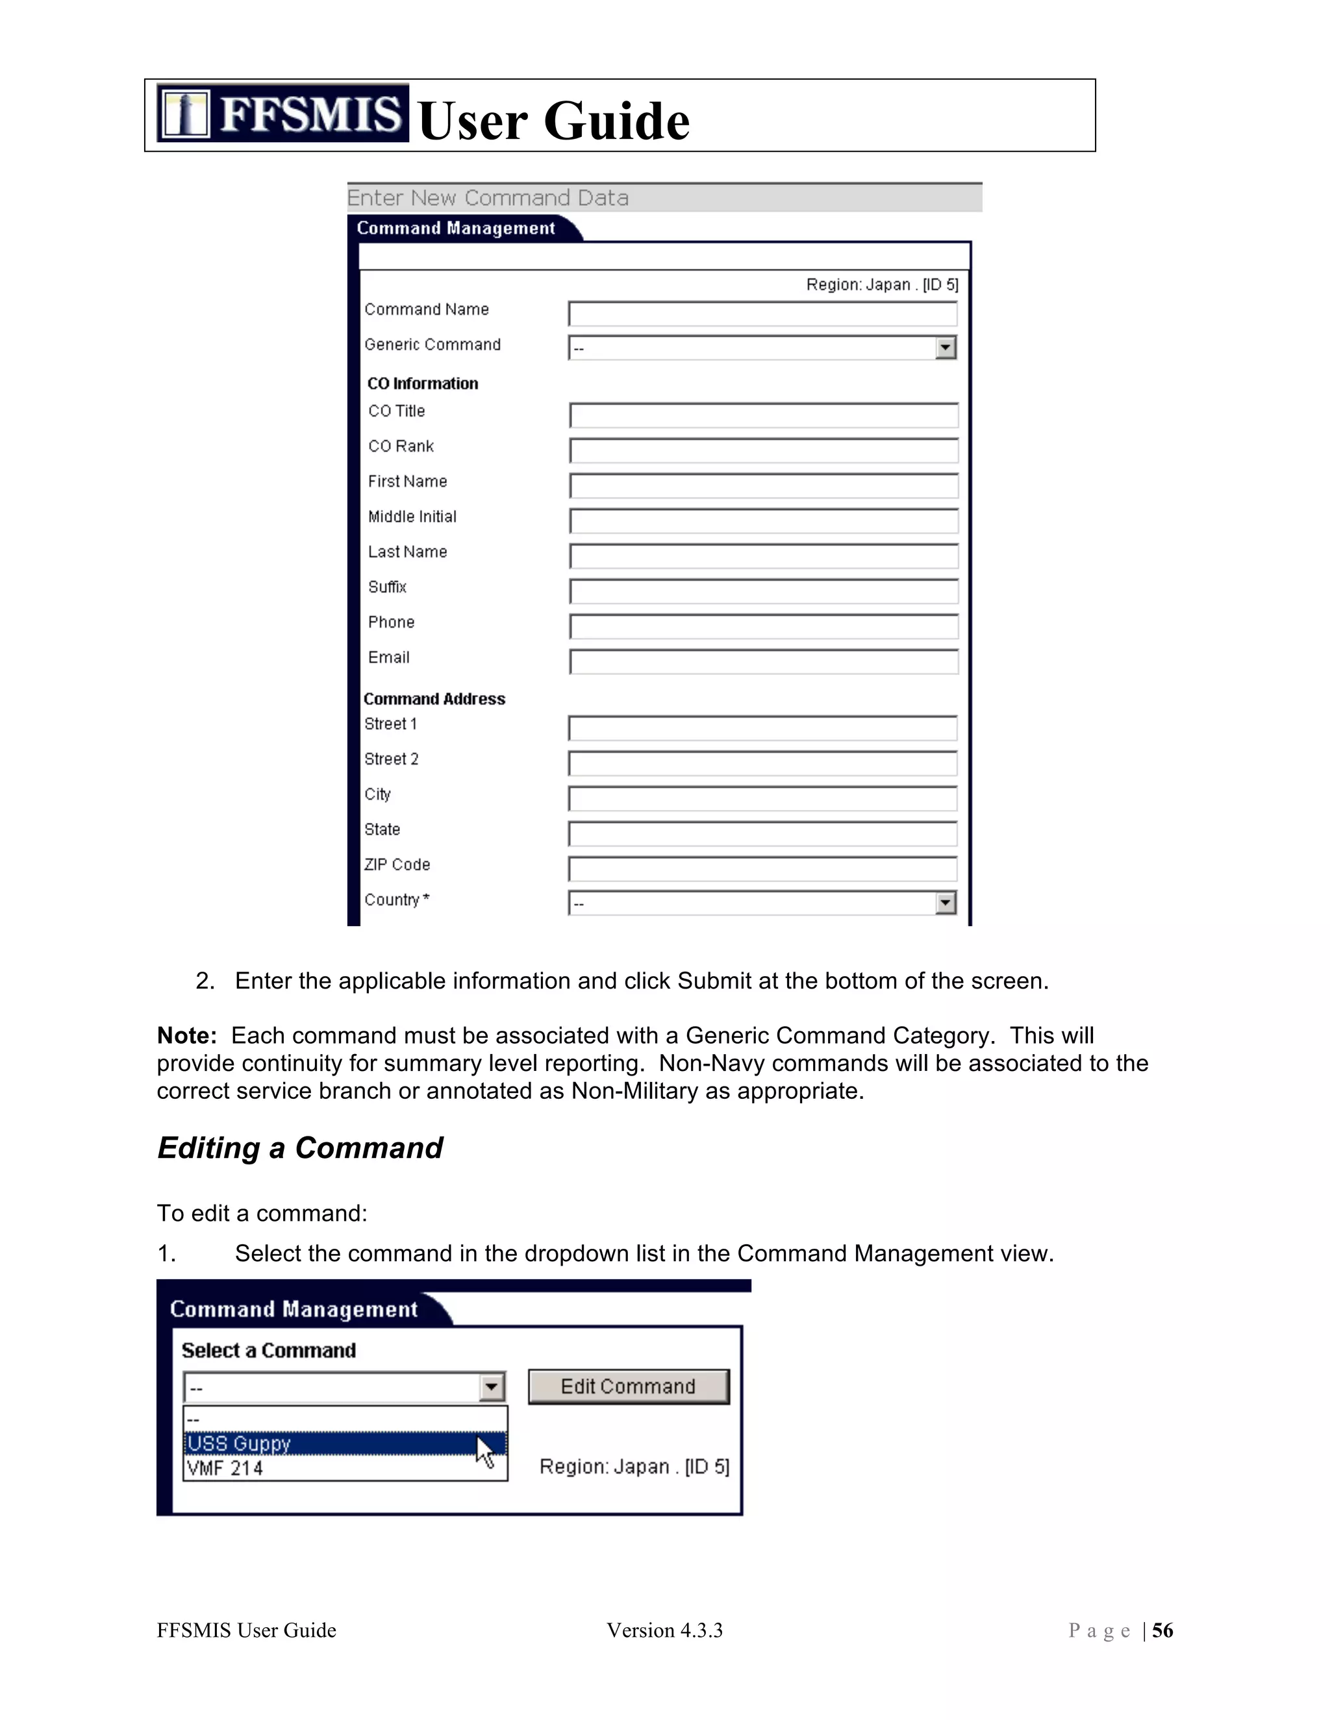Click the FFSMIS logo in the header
coord(282,114)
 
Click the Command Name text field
coord(762,313)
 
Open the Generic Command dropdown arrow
coord(946,347)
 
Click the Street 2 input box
coord(762,763)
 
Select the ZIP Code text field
coord(762,868)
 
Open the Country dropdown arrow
coord(946,903)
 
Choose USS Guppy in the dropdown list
coord(331,1444)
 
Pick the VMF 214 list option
coord(331,1468)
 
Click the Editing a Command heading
coord(299,1148)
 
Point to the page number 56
coord(1162,1630)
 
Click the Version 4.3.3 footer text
coord(664,1630)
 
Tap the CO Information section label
coord(422,384)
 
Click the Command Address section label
coord(434,698)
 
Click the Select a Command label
coord(269,1351)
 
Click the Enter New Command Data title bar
coord(664,198)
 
